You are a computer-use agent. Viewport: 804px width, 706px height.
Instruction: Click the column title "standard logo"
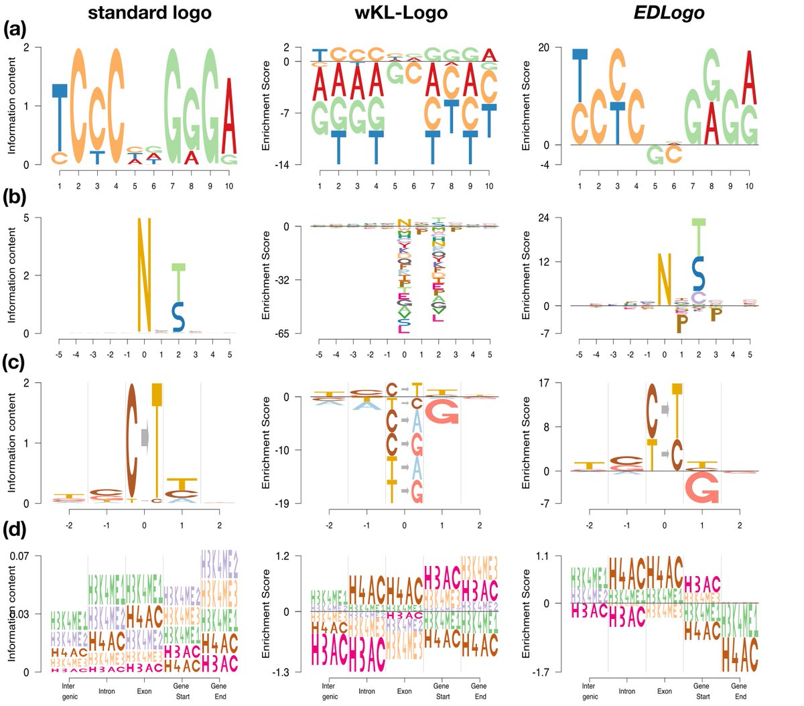point(149,12)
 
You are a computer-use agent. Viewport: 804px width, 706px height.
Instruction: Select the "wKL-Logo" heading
point(401,12)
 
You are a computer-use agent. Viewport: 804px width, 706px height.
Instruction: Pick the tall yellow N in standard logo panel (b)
point(144,275)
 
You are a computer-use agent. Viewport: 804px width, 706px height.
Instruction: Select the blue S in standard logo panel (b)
point(178,316)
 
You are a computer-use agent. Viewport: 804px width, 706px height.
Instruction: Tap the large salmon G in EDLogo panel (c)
point(702,487)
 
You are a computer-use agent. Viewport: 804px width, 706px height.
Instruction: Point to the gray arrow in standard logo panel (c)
point(145,437)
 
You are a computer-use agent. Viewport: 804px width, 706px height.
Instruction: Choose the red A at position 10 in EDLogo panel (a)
point(750,77)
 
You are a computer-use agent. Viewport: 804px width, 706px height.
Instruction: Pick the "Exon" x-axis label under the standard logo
point(144,691)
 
